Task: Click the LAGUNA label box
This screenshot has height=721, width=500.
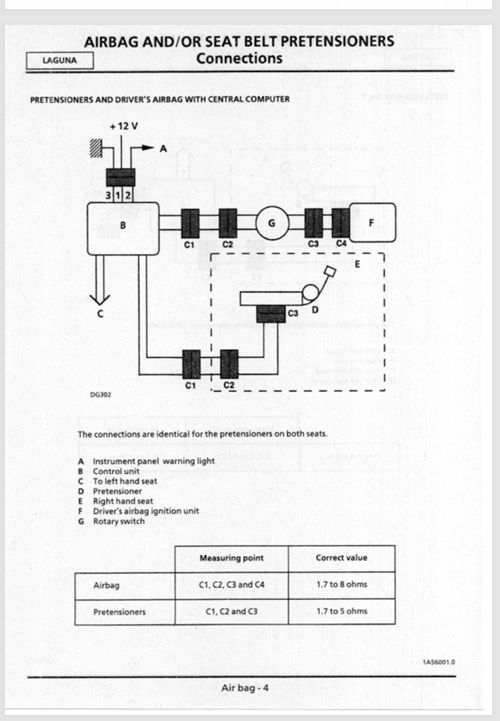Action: (x=60, y=60)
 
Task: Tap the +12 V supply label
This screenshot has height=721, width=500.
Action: (x=124, y=126)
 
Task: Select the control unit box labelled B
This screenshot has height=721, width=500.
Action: (x=123, y=229)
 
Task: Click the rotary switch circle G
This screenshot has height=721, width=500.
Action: (x=272, y=223)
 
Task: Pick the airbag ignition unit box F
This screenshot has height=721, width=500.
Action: (x=373, y=223)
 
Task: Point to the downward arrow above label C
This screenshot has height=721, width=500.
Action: (x=100, y=280)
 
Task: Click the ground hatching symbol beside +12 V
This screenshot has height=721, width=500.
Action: (x=96, y=148)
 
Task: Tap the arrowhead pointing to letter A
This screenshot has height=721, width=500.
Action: (x=148, y=148)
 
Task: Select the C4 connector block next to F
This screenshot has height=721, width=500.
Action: (x=341, y=223)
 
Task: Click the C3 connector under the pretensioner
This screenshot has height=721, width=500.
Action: (x=271, y=315)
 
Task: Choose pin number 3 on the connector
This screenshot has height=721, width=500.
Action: (x=109, y=195)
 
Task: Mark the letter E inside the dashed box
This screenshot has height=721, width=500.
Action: (x=357, y=264)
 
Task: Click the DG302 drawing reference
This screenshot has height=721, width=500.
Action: (x=100, y=395)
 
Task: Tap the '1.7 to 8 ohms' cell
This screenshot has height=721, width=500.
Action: (x=342, y=584)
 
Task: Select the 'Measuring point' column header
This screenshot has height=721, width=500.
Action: (x=231, y=558)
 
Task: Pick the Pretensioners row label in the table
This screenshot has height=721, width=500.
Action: (x=119, y=612)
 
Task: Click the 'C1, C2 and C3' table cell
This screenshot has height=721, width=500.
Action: (x=231, y=612)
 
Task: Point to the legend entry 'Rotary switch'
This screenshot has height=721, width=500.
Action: (x=119, y=521)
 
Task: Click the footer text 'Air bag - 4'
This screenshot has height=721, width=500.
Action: (x=245, y=688)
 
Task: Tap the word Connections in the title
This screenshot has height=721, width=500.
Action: (x=239, y=58)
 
